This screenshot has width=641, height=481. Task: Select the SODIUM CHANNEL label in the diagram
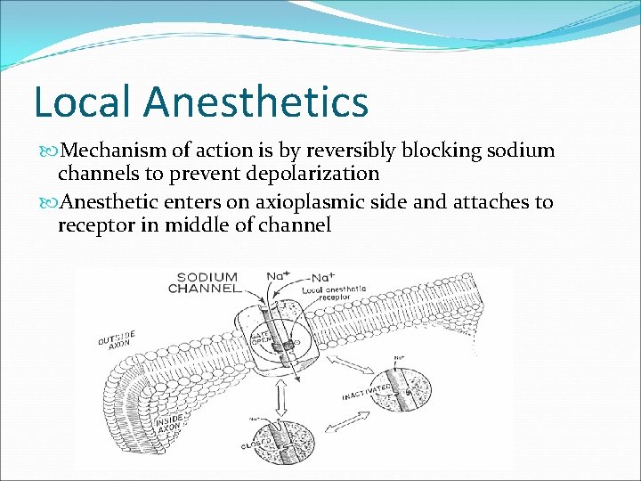click(x=207, y=282)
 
